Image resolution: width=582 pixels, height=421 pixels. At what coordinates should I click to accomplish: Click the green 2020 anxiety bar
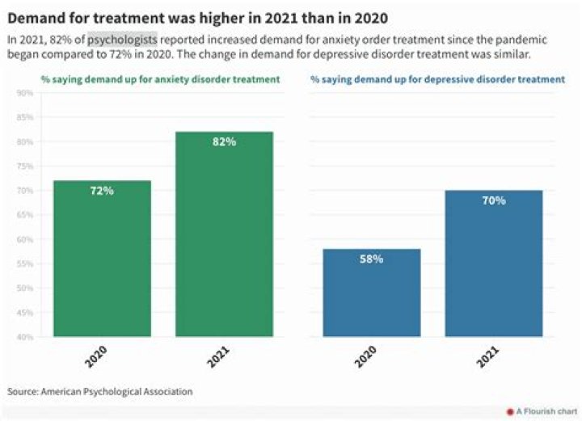pyautogui.click(x=102, y=259)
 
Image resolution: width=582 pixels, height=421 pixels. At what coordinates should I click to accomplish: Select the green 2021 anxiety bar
pyautogui.click(x=225, y=234)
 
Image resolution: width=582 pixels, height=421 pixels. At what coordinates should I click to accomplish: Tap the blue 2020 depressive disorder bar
pyautogui.click(x=371, y=293)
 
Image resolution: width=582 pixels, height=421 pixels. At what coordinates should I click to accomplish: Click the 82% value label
pyautogui.click(x=225, y=142)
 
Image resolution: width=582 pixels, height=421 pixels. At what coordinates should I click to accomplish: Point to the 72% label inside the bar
pyautogui.click(x=102, y=191)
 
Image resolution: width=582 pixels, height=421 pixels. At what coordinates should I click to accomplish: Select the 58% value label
pyautogui.click(x=371, y=259)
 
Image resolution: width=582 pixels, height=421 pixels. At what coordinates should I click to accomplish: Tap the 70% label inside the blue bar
pyautogui.click(x=494, y=200)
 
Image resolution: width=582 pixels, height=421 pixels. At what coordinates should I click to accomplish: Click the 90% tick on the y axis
pyautogui.click(x=24, y=93)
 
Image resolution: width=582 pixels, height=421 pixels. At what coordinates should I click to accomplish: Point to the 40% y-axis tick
pyautogui.click(x=24, y=336)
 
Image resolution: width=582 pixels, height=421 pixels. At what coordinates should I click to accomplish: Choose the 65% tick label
pyautogui.click(x=24, y=215)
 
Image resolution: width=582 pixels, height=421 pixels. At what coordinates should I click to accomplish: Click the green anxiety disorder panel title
pyautogui.click(x=161, y=79)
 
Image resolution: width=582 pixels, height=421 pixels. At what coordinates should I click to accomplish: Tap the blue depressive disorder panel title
pyautogui.click(x=437, y=79)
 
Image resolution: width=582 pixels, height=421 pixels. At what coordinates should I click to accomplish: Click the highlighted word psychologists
pyautogui.click(x=122, y=40)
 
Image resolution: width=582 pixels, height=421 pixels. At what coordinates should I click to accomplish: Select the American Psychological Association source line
pyautogui.click(x=100, y=391)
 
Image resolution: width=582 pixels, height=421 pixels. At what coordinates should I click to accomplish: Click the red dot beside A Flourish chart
pyautogui.click(x=509, y=411)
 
